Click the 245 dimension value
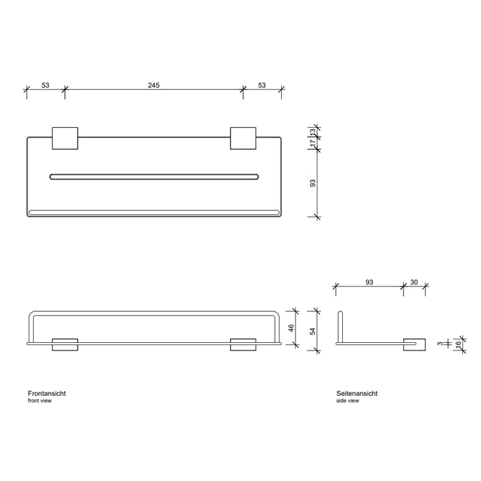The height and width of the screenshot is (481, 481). point(154,85)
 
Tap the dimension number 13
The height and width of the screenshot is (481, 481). point(313,132)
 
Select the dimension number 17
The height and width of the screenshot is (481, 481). point(313,143)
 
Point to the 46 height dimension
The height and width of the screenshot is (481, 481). point(291,328)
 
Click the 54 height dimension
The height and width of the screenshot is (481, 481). point(312,331)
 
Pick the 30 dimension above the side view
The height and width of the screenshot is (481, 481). point(414,282)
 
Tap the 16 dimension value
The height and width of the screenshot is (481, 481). point(458,345)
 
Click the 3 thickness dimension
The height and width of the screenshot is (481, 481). point(440,344)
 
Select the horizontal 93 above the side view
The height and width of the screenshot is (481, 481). point(370,282)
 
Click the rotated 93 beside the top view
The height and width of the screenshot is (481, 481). point(312,183)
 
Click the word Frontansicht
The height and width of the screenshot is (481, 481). point(47,393)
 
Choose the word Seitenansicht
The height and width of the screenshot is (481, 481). point(357,393)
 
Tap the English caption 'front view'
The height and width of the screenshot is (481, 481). point(40,401)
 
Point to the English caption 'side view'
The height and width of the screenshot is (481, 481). point(348,401)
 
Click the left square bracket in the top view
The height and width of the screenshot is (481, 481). point(65,138)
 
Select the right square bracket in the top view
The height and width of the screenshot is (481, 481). point(243,138)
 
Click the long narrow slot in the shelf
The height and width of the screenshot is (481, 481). point(154,177)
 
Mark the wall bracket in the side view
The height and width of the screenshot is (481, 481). point(414,344)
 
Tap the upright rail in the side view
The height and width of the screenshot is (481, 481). point(340,327)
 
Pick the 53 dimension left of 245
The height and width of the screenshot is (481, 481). point(45,85)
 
